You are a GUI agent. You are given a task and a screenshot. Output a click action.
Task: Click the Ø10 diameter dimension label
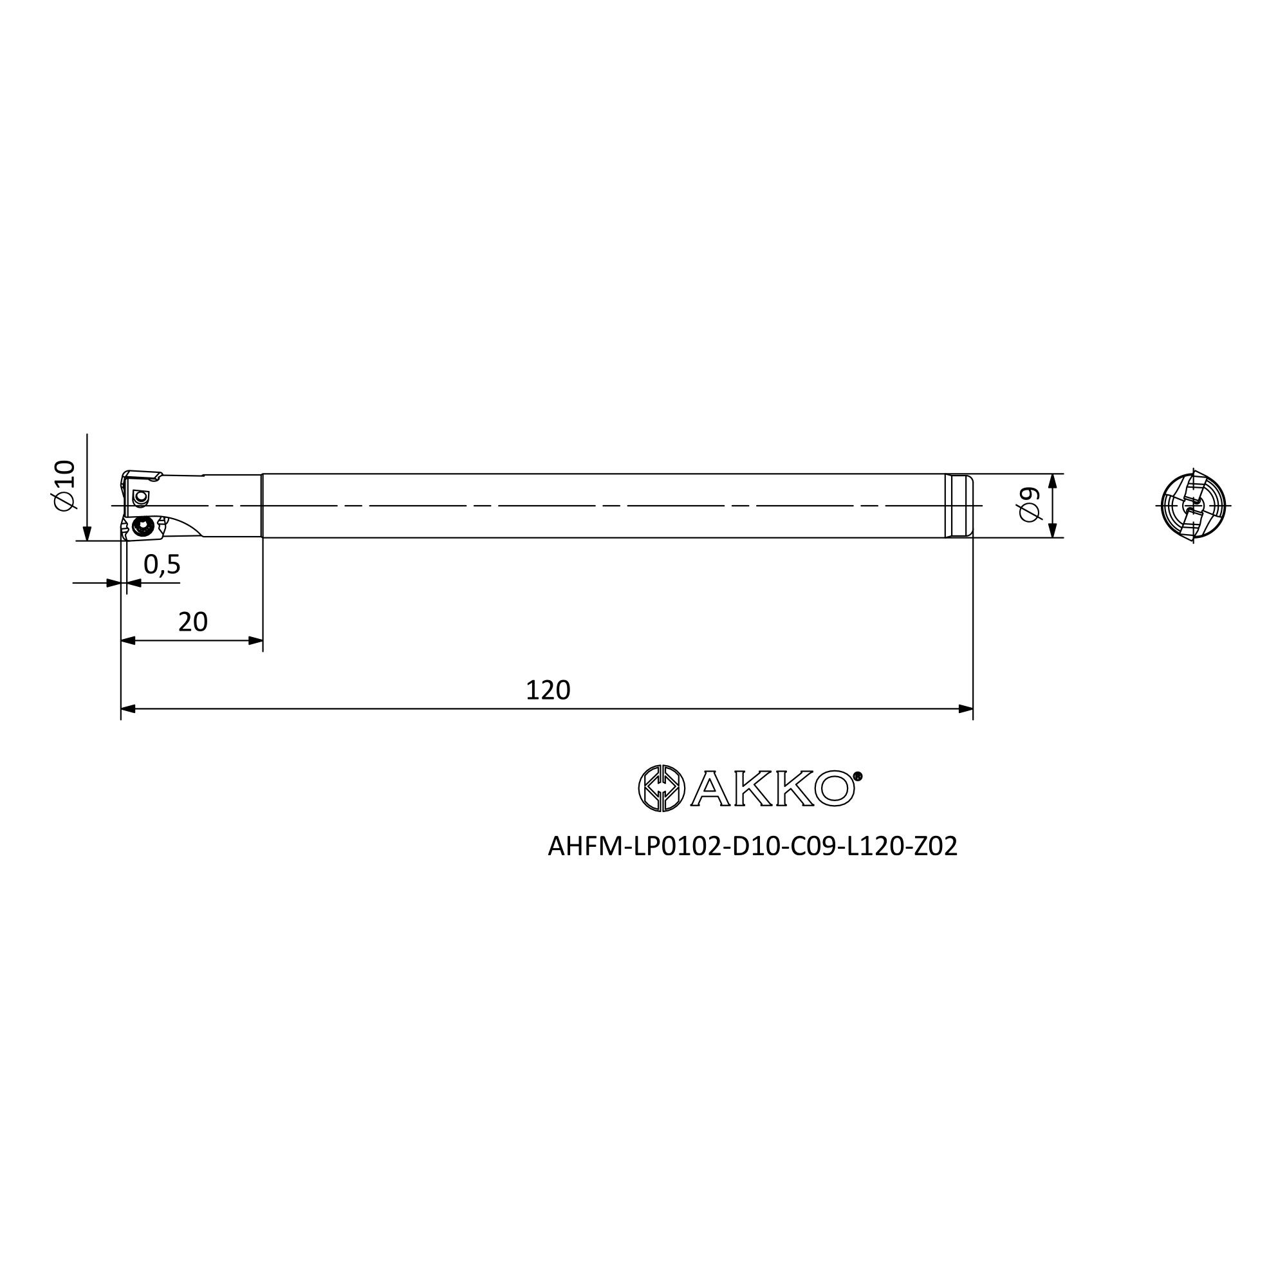point(65,486)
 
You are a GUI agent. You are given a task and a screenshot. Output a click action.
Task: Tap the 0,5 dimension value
point(162,564)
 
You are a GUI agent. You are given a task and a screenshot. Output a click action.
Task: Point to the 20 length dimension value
point(193,622)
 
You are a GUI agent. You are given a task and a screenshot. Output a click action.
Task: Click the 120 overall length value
point(548,690)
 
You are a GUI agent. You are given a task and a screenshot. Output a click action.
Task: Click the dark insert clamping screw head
point(142,526)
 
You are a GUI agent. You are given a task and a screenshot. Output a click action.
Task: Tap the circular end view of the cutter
point(1192,505)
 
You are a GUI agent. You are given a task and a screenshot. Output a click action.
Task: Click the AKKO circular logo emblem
point(661,788)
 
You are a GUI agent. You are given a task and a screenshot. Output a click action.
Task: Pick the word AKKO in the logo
point(773,789)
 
